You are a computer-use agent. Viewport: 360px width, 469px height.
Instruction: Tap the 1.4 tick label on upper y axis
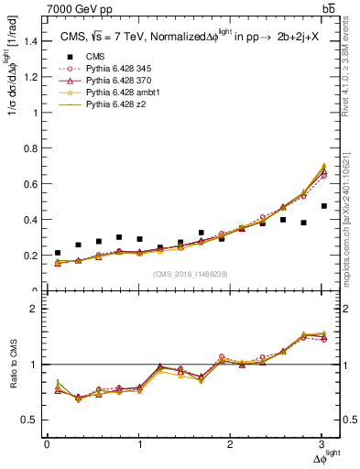[x=30, y=41]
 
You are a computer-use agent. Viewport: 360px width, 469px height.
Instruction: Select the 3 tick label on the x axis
[x=322, y=444]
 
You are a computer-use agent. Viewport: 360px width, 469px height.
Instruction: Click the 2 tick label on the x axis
[x=231, y=444]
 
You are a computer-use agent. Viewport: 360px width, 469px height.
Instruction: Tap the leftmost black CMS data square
[x=58, y=253]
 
